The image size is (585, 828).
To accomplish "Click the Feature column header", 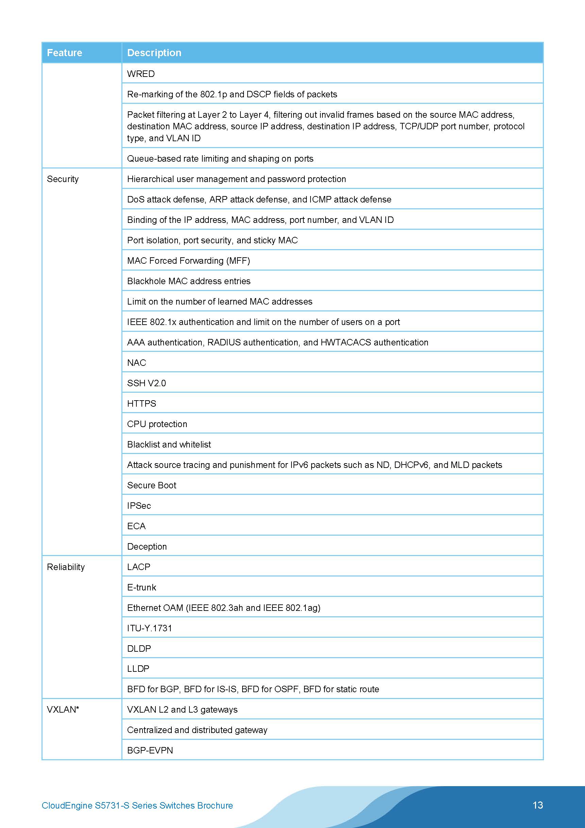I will (65, 53).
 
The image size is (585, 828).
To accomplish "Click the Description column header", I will (154, 53).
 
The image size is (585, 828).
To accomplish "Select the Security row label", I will (63, 179).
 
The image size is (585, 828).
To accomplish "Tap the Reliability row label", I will (66, 567).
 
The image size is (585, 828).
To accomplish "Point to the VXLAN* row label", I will (63, 709).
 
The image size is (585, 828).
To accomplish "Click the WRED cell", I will (141, 74).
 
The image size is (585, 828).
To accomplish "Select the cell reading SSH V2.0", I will (146, 383).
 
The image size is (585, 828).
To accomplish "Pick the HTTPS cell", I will (141, 404).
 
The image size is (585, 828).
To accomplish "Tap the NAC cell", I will (137, 363).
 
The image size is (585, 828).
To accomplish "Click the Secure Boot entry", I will (152, 485).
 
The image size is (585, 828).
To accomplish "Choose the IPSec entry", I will (139, 506).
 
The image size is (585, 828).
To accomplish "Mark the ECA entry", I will (136, 526).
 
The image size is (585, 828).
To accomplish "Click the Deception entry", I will (147, 546).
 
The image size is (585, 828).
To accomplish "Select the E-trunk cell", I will (141, 587).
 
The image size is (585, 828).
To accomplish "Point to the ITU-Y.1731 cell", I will (150, 628).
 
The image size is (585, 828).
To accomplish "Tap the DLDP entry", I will (139, 648).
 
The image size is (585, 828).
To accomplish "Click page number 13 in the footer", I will (537, 805).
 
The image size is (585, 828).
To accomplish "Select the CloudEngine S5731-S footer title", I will (137, 806).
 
